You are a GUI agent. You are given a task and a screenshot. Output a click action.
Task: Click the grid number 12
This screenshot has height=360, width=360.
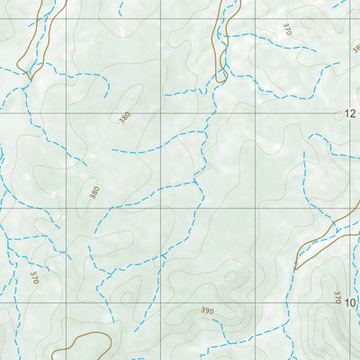pos(350,113)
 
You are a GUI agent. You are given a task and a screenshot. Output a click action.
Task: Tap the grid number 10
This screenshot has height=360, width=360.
pos(350,303)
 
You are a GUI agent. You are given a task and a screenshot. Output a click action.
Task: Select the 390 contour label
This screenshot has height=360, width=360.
pos(208,311)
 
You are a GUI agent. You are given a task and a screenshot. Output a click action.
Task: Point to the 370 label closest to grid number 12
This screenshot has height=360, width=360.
pos(287,30)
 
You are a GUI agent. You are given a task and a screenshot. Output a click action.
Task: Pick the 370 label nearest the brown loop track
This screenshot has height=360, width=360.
pos(34,278)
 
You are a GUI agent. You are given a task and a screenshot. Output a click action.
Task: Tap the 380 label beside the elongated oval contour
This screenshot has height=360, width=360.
pos(124,117)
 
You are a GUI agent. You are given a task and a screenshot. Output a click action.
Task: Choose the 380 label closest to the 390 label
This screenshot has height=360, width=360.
pos(94,192)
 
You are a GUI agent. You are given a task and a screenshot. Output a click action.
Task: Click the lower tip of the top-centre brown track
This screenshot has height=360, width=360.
pos(220,81)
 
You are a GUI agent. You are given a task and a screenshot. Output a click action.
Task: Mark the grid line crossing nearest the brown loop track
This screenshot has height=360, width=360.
pos(67,303)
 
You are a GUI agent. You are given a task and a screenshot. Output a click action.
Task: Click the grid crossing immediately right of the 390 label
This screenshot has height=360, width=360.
pos(256,303)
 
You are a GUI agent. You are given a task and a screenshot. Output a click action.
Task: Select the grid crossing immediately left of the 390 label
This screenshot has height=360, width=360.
pos(162,303)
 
